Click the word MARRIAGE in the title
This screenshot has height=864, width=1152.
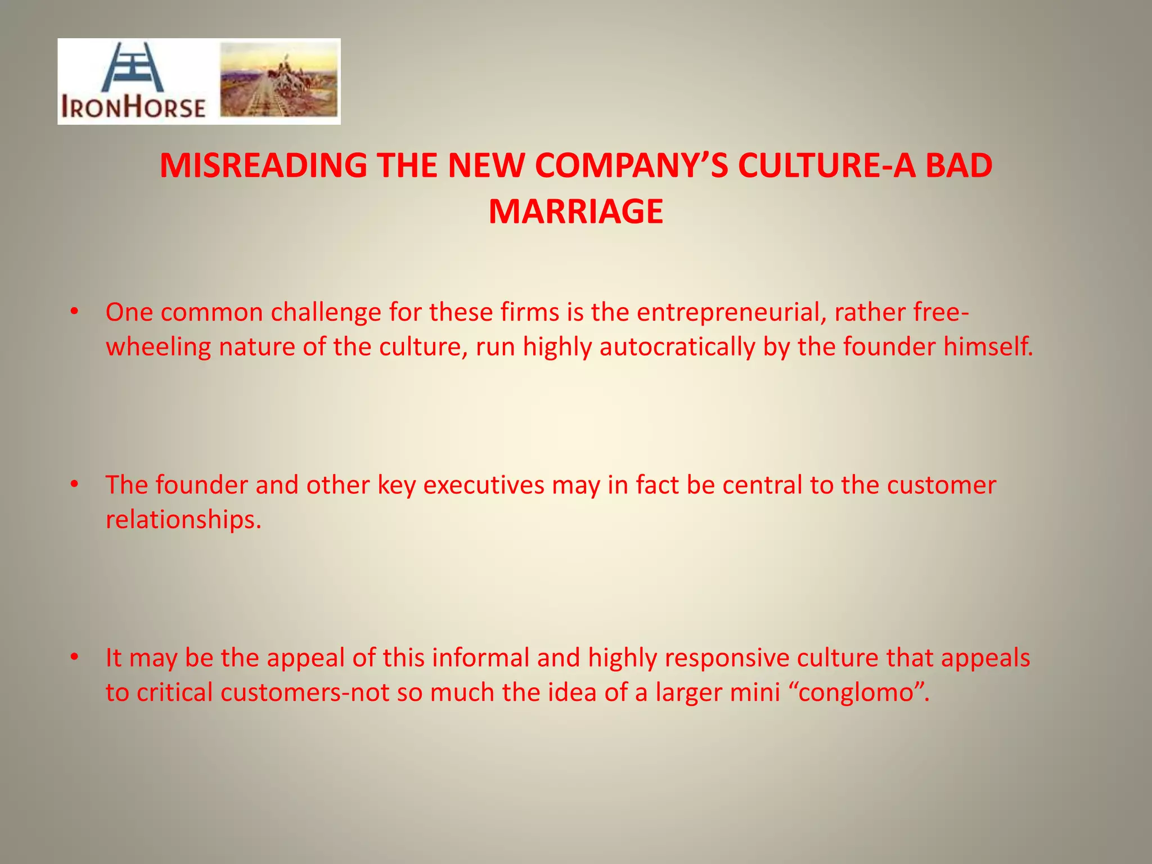click(x=575, y=211)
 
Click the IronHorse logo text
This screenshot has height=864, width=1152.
click(x=133, y=107)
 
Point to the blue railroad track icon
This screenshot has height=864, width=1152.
click(x=133, y=67)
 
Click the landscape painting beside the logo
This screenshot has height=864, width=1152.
click(x=278, y=80)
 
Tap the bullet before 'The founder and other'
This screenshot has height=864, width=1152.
click(x=74, y=485)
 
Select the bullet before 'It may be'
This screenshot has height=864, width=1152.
click(x=74, y=658)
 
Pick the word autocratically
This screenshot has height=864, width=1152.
click(x=677, y=346)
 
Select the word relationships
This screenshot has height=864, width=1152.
click(x=183, y=519)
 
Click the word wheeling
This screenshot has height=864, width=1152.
click(x=158, y=346)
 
